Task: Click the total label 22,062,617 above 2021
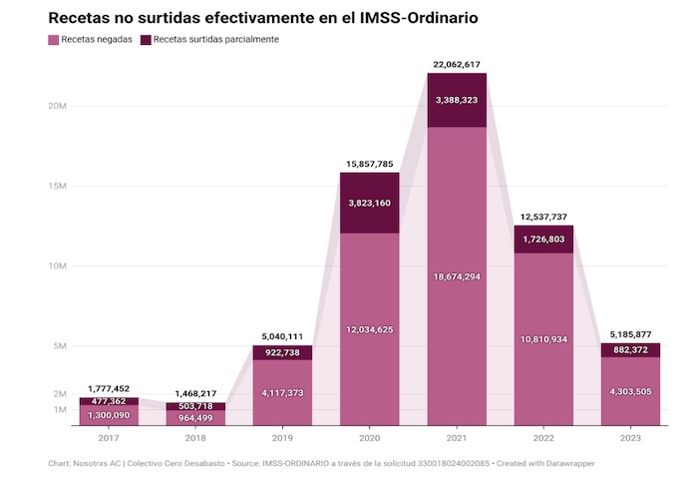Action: pos(457,64)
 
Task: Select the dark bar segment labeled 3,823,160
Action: pos(370,203)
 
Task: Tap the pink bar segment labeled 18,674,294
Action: pos(457,275)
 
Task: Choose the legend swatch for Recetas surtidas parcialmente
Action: pos(146,40)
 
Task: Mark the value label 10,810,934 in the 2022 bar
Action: pos(543,339)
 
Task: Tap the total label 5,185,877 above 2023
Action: pos(630,334)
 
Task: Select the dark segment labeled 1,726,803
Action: pos(543,240)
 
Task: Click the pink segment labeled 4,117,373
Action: pos(282,392)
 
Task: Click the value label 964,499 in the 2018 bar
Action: pos(195,418)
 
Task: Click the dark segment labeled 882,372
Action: pos(630,349)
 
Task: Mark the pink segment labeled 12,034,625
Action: pos(370,329)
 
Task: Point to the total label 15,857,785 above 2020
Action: pos(370,164)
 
